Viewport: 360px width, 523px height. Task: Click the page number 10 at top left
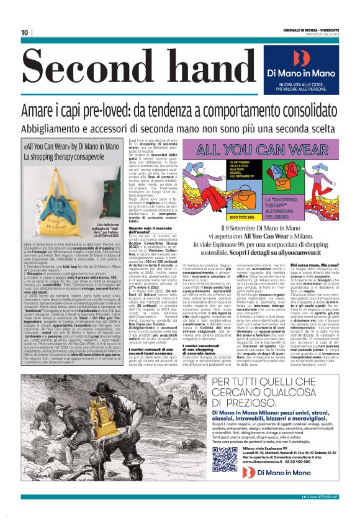pos(25,32)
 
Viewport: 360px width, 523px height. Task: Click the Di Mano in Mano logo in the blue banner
pos(302,60)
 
